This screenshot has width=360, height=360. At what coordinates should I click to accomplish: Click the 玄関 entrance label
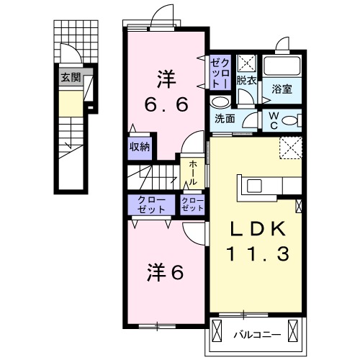(x=70, y=76)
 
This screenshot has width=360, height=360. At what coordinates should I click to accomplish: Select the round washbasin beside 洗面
(x=219, y=102)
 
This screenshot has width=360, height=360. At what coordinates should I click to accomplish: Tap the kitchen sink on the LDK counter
(x=255, y=186)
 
